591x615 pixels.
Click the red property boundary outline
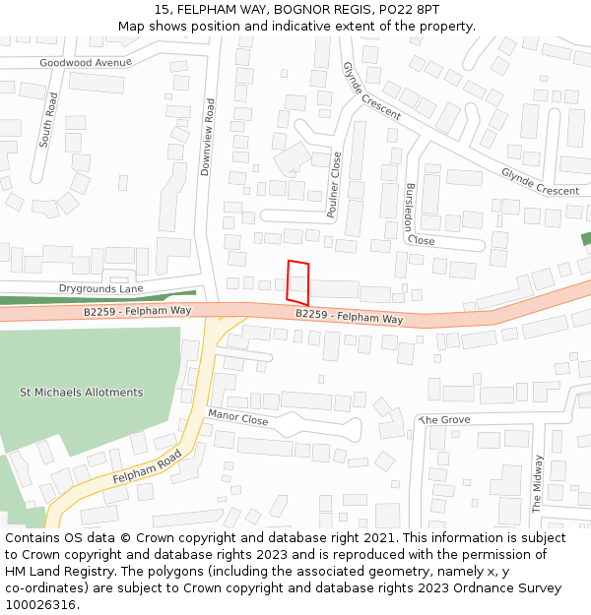[297, 281]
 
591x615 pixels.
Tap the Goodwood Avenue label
[86, 62]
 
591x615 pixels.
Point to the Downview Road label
[207, 137]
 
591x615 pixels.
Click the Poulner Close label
[334, 184]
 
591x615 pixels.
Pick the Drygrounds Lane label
[100, 288]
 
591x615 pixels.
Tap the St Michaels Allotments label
[82, 393]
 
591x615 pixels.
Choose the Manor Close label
[237, 418]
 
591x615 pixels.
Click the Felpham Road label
[147, 466]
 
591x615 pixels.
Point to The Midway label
[538, 483]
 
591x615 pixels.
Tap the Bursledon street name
[409, 207]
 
